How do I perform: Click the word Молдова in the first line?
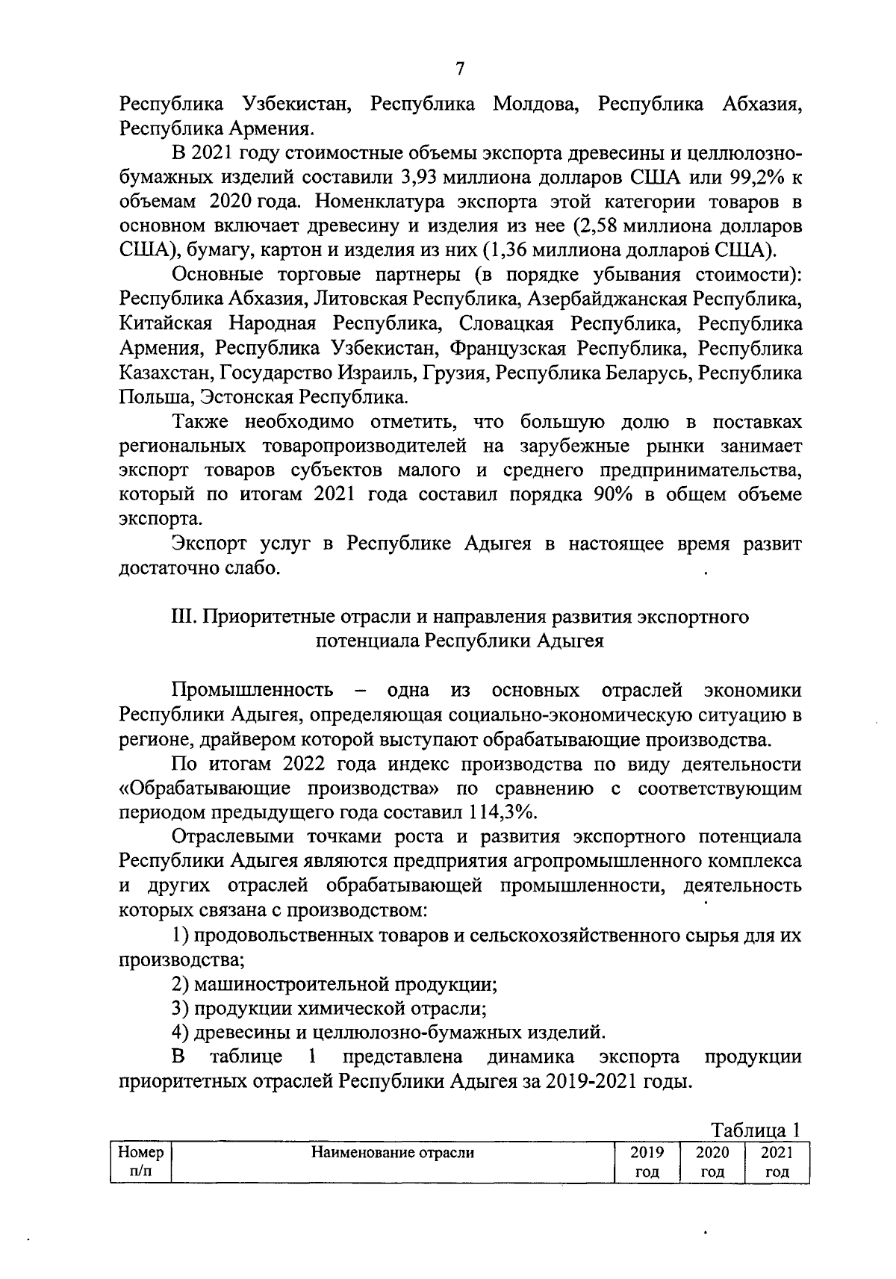[x=537, y=105]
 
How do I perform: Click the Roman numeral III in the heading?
[x=182, y=617]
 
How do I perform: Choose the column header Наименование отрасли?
[x=393, y=1153]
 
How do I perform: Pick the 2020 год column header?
[x=712, y=1162]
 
